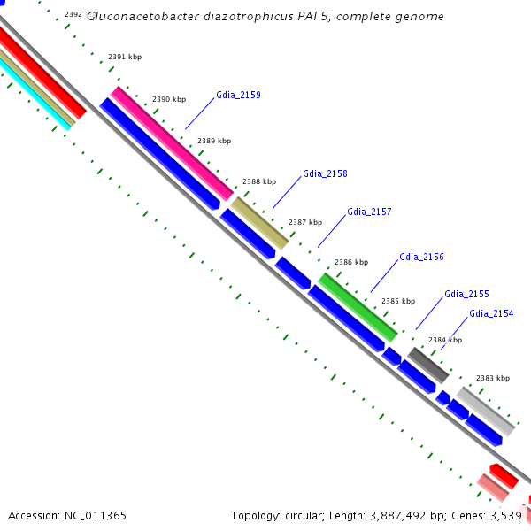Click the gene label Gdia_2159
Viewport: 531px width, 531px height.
tap(238, 95)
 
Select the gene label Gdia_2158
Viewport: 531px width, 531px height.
tap(325, 174)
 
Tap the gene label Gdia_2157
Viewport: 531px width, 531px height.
tap(369, 212)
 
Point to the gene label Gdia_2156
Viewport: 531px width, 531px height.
tap(421, 258)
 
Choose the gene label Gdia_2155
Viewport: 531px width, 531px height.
tap(466, 294)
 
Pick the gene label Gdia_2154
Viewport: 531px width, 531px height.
tap(491, 314)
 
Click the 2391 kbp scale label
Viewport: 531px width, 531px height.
tap(125, 57)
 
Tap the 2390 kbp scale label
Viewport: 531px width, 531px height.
tap(169, 100)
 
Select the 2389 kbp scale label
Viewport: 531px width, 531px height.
tap(214, 141)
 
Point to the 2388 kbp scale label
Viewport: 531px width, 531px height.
tap(259, 181)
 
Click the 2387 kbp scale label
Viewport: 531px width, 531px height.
tap(305, 222)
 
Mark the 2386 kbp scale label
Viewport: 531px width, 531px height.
tap(351, 263)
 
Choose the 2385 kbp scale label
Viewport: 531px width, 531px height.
tap(398, 301)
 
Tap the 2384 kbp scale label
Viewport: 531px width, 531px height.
tap(445, 340)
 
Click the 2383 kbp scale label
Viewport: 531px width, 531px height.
tap(493, 378)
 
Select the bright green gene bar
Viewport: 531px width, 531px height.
tap(358, 307)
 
